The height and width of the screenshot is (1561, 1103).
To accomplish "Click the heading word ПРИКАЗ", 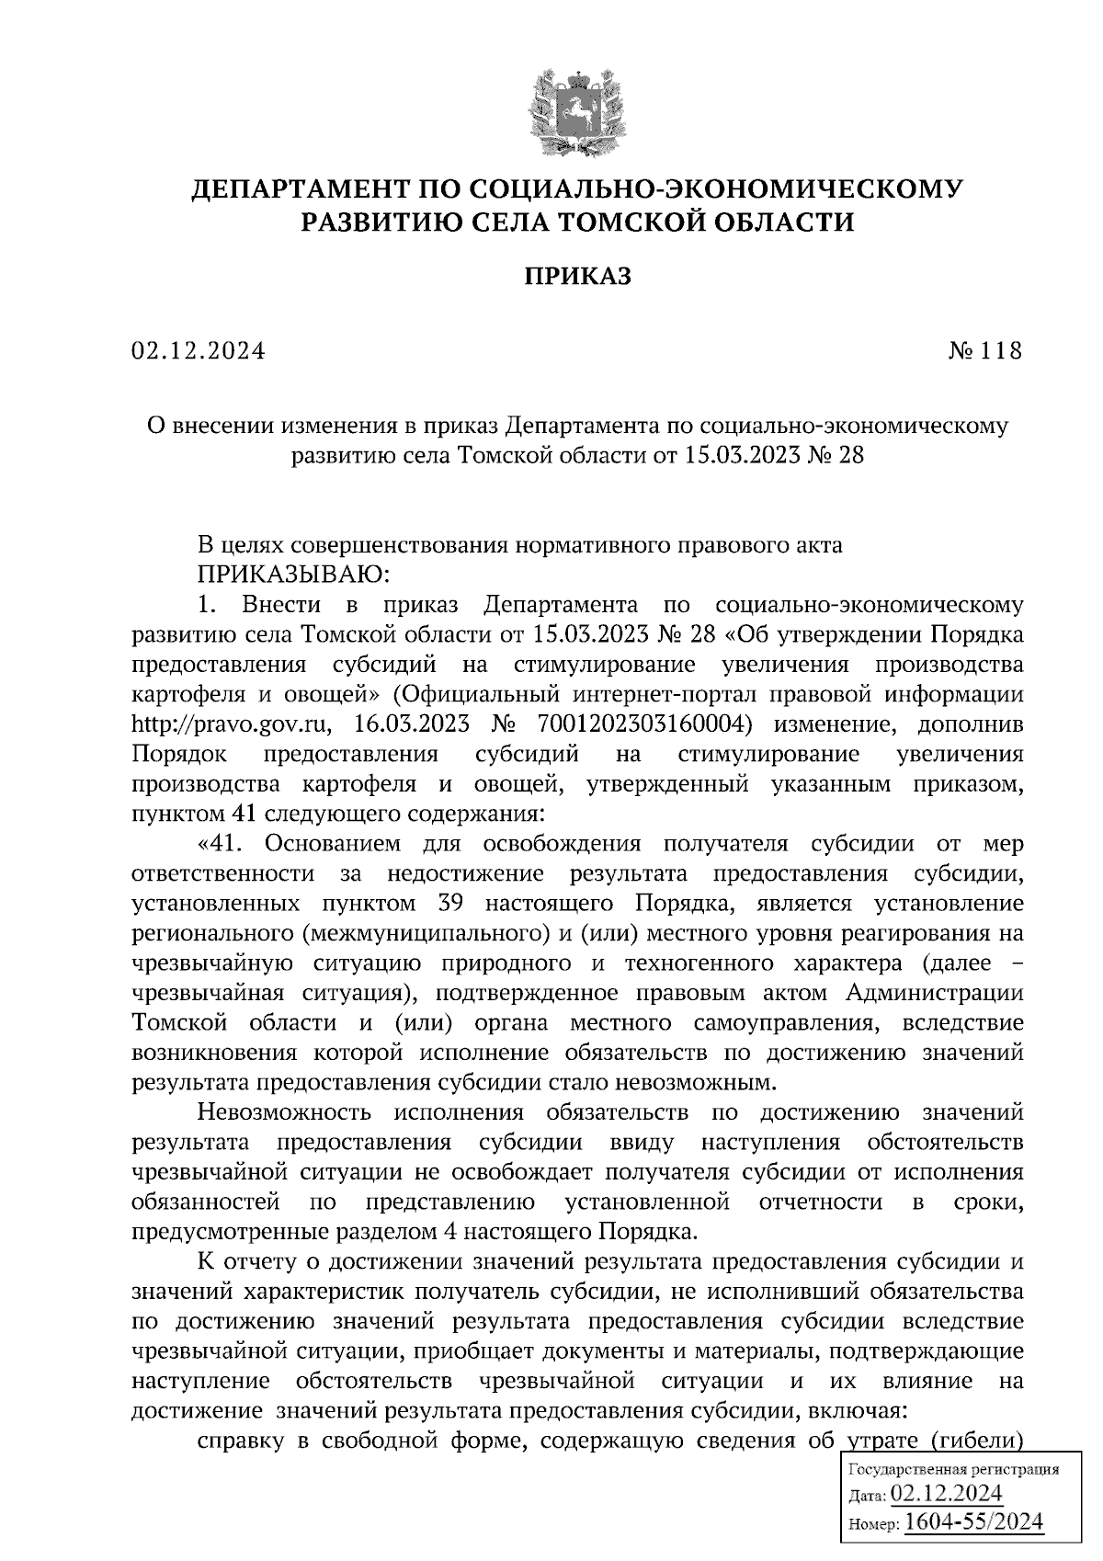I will [x=577, y=277].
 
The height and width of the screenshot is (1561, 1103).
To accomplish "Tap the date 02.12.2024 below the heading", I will [x=199, y=351].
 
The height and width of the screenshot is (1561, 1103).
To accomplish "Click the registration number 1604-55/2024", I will [x=974, y=1522].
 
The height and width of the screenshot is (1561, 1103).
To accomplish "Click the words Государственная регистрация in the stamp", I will [x=951, y=1469].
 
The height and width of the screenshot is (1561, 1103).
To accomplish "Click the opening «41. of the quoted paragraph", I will [x=224, y=843].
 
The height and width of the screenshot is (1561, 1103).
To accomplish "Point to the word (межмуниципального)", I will [x=418, y=933].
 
